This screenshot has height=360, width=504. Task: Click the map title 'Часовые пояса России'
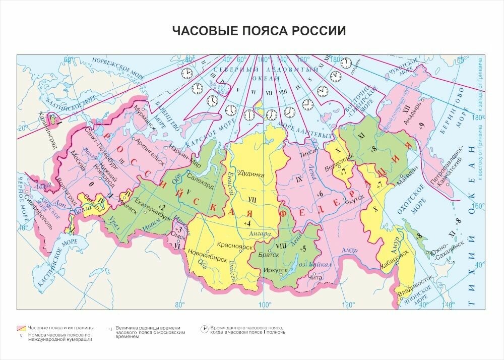[x=259, y=31]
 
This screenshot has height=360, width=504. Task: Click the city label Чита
[x=314, y=277]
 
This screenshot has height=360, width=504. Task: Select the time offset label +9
[x=421, y=125]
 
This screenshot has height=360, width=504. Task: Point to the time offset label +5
[x=302, y=249]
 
